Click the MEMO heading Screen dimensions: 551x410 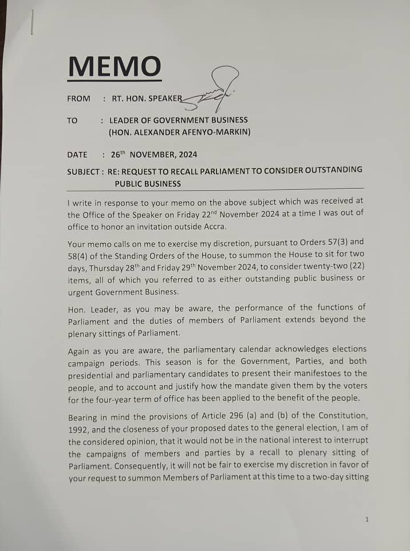click(x=114, y=67)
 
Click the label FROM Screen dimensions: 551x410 click(x=78, y=99)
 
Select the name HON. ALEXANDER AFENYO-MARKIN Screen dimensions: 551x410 click(x=180, y=132)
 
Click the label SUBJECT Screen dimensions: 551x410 click(x=84, y=171)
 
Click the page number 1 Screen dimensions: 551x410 click(x=366, y=519)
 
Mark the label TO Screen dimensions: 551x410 click(x=72, y=120)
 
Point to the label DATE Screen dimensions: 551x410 click(x=77, y=155)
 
